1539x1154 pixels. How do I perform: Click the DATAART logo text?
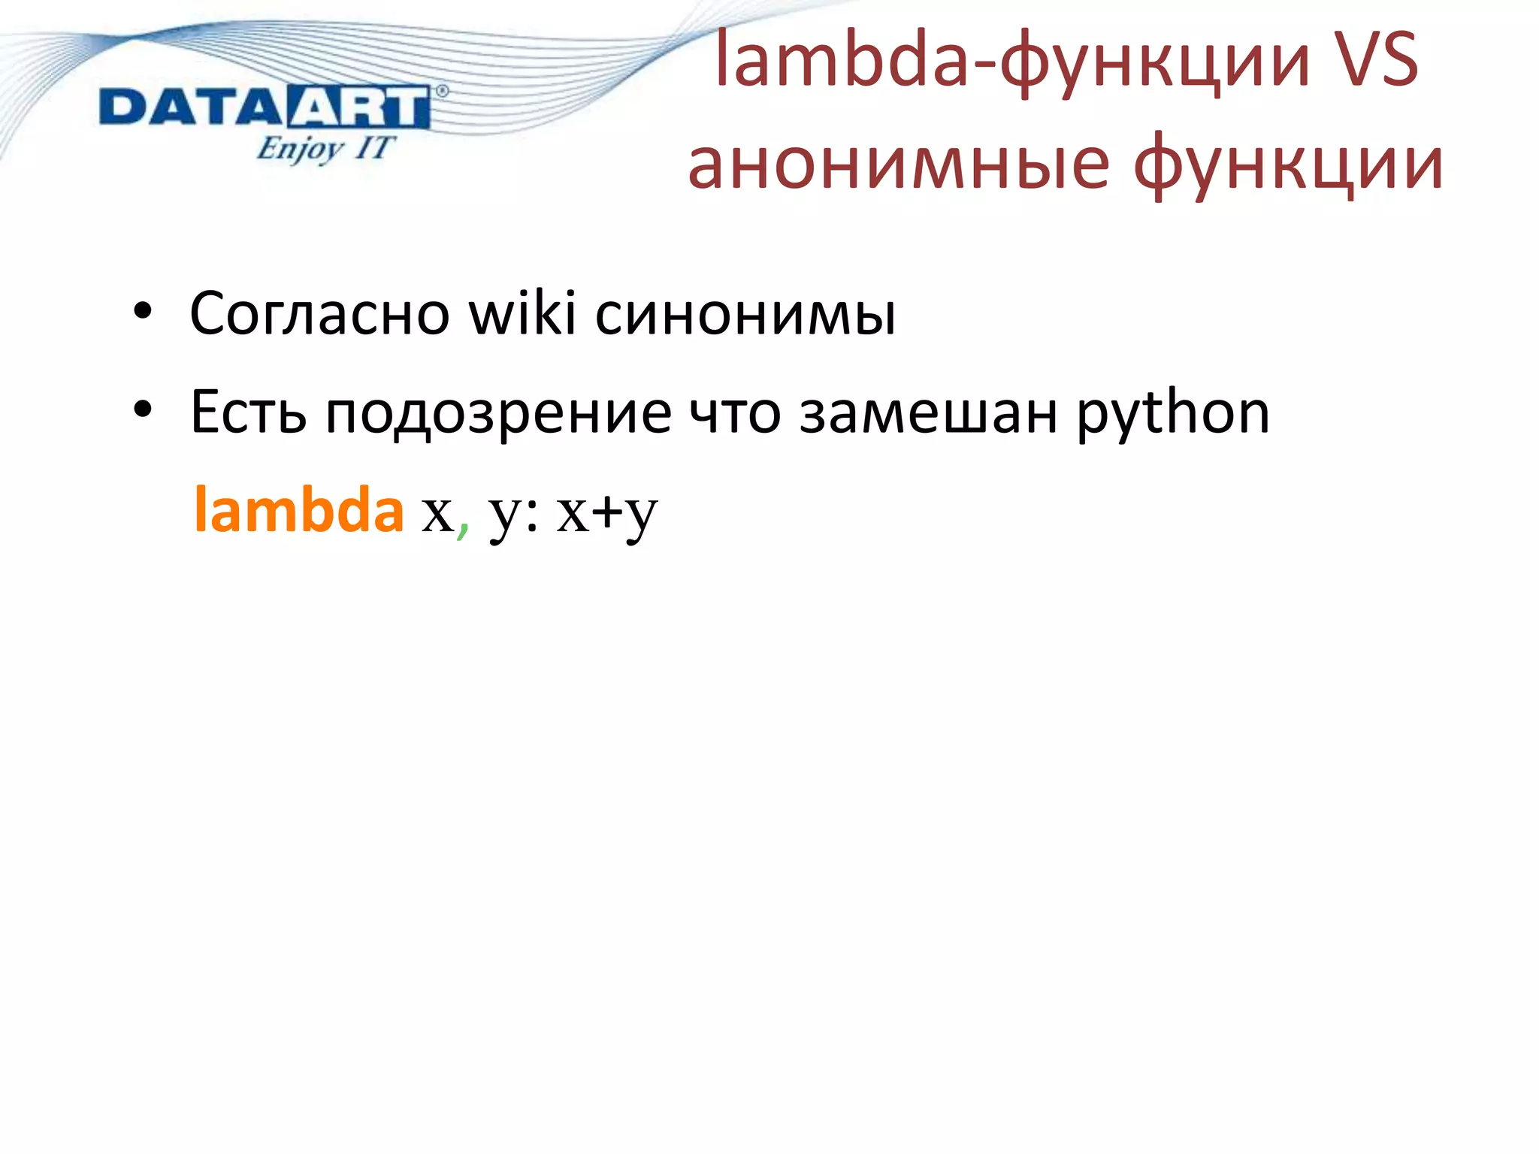click(265, 107)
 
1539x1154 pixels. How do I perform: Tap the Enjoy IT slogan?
click(325, 148)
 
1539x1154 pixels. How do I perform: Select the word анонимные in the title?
click(898, 165)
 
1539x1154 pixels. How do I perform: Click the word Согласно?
click(319, 313)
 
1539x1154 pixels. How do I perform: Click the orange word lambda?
click(298, 510)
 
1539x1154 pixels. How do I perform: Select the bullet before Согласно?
click(142, 313)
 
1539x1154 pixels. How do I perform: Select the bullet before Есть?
click(142, 411)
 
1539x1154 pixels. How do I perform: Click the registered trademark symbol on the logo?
click(442, 92)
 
